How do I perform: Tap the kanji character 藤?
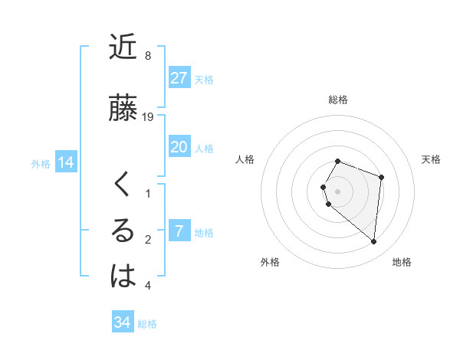click(x=123, y=108)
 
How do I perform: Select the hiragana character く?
click(x=123, y=185)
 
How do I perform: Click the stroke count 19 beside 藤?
click(x=149, y=117)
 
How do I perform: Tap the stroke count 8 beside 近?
click(x=147, y=56)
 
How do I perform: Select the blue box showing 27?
click(x=179, y=78)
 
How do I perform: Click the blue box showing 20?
click(x=179, y=147)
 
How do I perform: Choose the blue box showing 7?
click(x=179, y=231)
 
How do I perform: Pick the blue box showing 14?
click(x=65, y=162)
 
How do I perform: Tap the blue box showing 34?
click(x=122, y=322)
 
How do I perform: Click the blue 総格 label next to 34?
click(x=147, y=324)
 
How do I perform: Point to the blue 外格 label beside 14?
click(x=41, y=163)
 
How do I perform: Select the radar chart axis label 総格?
click(x=338, y=100)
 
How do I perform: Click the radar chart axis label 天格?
click(x=432, y=159)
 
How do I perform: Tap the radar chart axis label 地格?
click(x=402, y=262)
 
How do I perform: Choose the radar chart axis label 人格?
click(x=245, y=159)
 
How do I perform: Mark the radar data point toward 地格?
click(x=374, y=242)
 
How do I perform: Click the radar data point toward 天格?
click(x=381, y=178)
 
